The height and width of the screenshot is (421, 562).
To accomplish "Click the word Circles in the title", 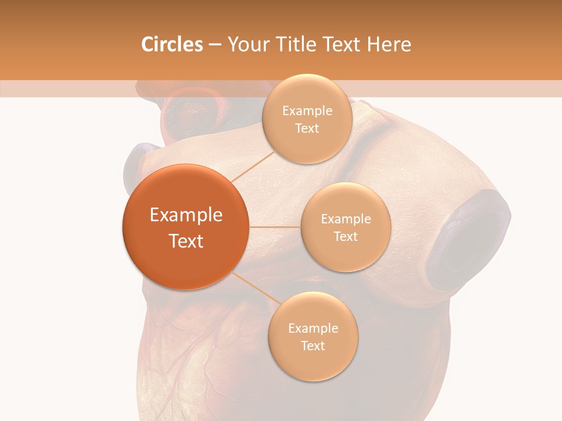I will pyautogui.click(x=172, y=44).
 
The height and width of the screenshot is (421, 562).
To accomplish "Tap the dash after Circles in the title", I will pyautogui.click(x=215, y=45).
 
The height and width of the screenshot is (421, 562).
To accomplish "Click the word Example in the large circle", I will pyautogui.click(x=186, y=215).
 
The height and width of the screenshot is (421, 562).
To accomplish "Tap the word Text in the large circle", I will pyautogui.click(x=186, y=241).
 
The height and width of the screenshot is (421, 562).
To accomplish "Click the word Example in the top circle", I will pyautogui.click(x=307, y=111).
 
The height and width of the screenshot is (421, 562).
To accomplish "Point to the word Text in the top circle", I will pyautogui.click(x=307, y=129).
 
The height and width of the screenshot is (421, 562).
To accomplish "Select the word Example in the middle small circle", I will pyautogui.click(x=345, y=219).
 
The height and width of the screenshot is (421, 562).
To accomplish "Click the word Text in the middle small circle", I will pyautogui.click(x=345, y=237).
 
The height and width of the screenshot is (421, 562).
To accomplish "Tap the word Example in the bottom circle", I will pyautogui.click(x=313, y=329).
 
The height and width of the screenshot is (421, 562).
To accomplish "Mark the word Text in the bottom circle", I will pyautogui.click(x=313, y=346).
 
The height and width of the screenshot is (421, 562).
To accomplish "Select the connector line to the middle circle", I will pyautogui.click(x=275, y=227).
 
